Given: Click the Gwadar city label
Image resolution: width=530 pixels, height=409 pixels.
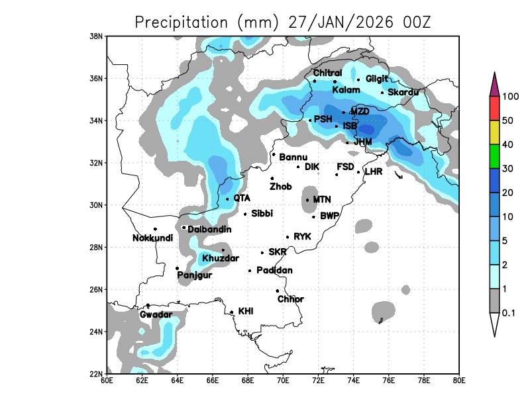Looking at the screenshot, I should (156, 314).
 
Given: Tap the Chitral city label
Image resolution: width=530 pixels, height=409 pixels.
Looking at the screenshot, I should (327, 73).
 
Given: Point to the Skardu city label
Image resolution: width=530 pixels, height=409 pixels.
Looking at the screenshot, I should (403, 92).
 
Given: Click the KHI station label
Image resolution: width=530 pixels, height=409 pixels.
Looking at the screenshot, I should (246, 311).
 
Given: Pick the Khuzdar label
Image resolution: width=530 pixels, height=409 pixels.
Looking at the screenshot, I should (220, 258).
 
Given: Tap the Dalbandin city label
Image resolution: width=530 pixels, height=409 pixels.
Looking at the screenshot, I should (209, 229).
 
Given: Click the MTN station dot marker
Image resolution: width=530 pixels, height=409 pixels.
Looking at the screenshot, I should (307, 200).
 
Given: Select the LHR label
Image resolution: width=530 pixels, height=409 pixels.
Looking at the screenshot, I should (374, 171).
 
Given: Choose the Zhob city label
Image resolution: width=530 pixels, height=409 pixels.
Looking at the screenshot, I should (280, 187).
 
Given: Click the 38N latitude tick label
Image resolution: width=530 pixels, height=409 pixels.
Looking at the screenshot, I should (97, 36).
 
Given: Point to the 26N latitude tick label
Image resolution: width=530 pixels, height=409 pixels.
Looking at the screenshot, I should (97, 289).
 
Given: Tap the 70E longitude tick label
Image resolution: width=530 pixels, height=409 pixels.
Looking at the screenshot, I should (283, 380).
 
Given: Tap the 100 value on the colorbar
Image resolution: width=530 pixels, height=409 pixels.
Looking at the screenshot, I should (510, 97).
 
